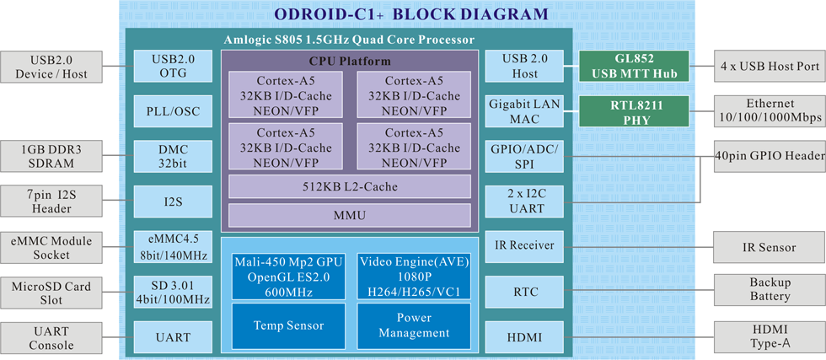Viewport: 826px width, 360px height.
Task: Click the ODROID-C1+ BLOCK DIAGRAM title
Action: click(411, 14)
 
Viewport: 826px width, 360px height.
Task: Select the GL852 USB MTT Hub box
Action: click(634, 67)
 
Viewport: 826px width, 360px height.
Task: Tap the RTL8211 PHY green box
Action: click(634, 112)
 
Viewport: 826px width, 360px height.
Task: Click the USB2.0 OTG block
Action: click(173, 67)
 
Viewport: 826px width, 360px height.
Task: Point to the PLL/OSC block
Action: click(173, 111)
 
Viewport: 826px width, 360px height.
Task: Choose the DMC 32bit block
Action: click(173, 157)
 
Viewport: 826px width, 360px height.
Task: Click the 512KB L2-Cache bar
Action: click(350, 186)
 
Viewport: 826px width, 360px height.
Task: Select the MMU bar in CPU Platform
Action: click(350, 215)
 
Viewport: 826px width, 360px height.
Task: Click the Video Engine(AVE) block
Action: click(414, 277)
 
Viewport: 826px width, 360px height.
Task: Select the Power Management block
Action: click(414, 325)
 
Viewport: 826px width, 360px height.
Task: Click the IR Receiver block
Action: click(524, 246)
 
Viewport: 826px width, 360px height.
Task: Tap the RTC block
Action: click(524, 292)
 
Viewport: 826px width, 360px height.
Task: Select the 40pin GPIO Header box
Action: click(769, 156)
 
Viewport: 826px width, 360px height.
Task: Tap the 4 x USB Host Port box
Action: click(769, 67)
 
